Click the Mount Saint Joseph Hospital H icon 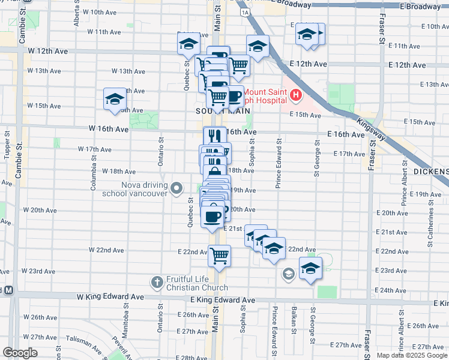coord(295,95)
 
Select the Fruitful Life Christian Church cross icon coord(157,282)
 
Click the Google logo coord(19,353)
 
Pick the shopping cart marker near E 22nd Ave coord(220,255)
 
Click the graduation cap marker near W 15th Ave coord(115,99)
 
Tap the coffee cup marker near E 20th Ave coord(212,216)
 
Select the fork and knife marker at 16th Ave coord(214,136)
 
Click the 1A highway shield coord(243,11)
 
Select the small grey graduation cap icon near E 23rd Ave coord(288,274)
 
